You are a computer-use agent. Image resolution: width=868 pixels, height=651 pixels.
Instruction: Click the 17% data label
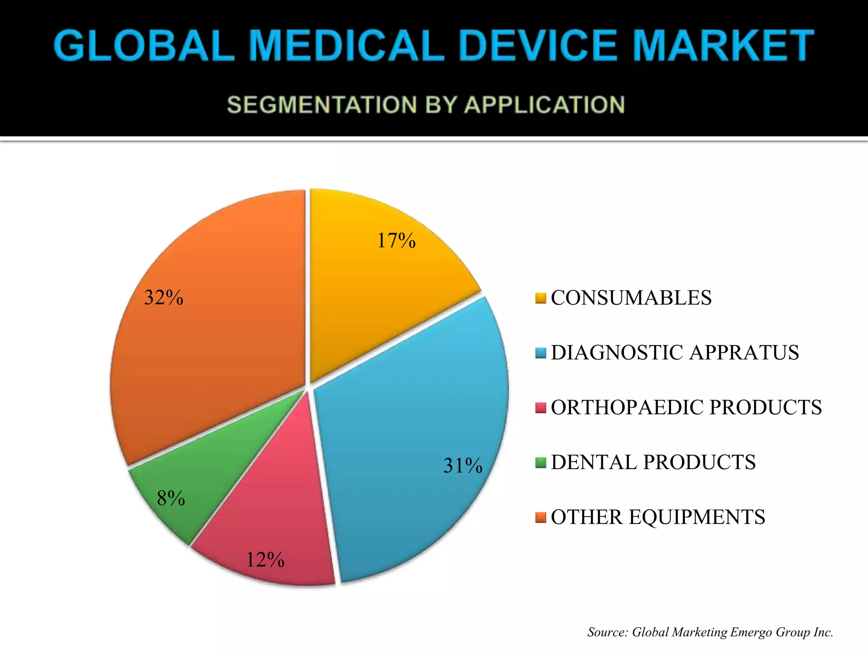pyautogui.click(x=396, y=241)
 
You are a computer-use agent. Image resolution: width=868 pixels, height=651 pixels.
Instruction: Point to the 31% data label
pyautogui.click(x=463, y=465)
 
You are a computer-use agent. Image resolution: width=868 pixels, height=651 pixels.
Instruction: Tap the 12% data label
pyautogui.click(x=265, y=560)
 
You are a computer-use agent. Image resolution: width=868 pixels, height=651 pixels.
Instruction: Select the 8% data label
pyautogui.click(x=171, y=498)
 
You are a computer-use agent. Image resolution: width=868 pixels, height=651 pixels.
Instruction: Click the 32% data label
pyautogui.click(x=164, y=298)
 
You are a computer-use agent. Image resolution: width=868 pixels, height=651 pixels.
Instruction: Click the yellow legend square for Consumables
pyautogui.click(x=540, y=298)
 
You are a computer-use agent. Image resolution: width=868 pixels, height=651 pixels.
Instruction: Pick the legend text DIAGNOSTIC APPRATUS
pyautogui.click(x=675, y=353)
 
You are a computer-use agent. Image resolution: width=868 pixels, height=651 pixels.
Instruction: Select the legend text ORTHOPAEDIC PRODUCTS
pyautogui.click(x=686, y=407)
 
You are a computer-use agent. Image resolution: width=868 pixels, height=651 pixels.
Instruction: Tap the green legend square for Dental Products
pyautogui.click(x=540, y=462)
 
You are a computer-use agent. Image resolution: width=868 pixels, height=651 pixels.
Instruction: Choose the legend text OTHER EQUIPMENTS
pyautogui.click(x=658, y=517)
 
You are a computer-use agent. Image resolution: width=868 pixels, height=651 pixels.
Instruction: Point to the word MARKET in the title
pyautogui.click(x=723, y=45)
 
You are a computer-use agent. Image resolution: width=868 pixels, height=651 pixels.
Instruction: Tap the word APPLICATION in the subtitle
pyautogui.click(x=545, y=105)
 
